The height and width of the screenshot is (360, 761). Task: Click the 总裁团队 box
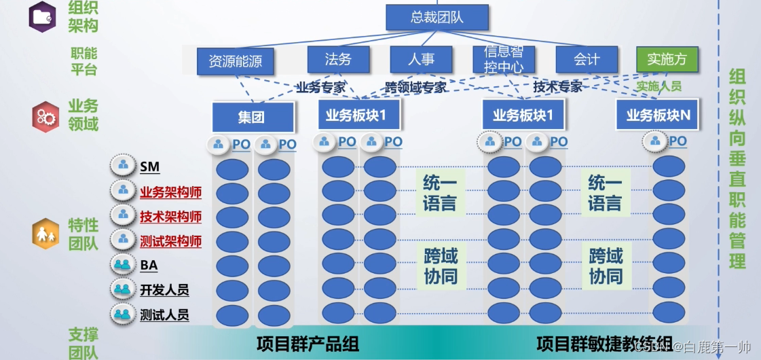pyautogui.click(x=437, y=17)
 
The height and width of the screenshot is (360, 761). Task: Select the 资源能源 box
pyautogui.click(x=235, y=62)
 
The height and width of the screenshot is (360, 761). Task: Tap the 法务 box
pyautogui.click(x=338, y=59)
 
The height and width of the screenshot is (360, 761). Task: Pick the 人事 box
pyautogui.click(x=421, y=59)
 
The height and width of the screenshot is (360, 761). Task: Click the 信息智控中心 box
pyautogui.click(x=503, y=59)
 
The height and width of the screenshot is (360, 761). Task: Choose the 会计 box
pyautogui.click(x=587, y=59)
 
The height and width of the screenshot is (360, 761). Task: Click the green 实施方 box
pyautogui.click(x=667, y=59)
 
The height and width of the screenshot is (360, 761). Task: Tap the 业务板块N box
pyautogui.click(x=658, y=115)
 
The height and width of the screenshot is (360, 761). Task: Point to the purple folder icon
pyautogui.click(x=42, y=16)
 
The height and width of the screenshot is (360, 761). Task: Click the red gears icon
pyautogui.click(x=45, y=117)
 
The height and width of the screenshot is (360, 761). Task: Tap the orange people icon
pyautogui.click(x=45, y=235)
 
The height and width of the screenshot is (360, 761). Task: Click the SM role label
pyautogui.click(x=150, y=166)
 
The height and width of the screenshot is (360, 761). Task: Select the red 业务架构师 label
pyautogui.click(x=170, y=192)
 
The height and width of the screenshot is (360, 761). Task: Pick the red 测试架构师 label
pyautogui.click(x=170, y=241)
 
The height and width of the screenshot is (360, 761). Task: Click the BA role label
pyautogui.click(x=149, y=266)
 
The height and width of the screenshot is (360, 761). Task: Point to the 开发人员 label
pyautogui.click(x=164, y=290)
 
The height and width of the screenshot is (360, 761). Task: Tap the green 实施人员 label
pyautogui.click(x=658, y=87)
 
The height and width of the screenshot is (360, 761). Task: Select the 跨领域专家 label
pyautogui.click(x=415, y=88)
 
